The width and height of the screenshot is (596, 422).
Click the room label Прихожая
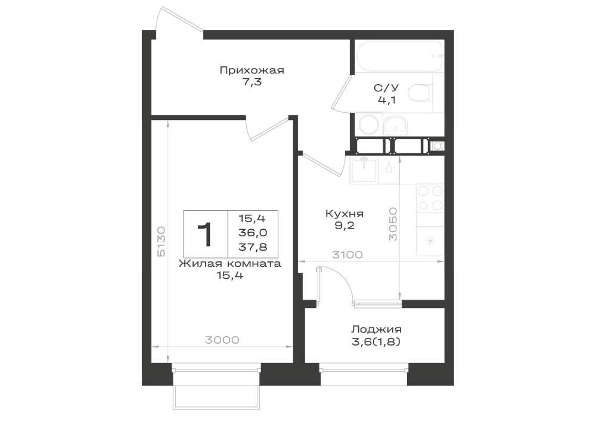tap(252, 70)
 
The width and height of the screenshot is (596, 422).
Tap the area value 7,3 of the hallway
tap(252, 82)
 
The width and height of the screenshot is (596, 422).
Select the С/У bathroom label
tap(386, 89)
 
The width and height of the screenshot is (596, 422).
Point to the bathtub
tap(399, 56)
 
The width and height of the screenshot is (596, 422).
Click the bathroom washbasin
tap(395, 124)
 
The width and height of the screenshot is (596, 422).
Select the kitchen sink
tap(364, 171)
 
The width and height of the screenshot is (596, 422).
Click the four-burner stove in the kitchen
tap(430, 198)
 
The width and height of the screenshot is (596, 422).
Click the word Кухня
tap(344, 214)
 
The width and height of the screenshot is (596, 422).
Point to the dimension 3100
tap(347, 254)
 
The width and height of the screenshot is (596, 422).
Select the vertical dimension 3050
tap(393, 224)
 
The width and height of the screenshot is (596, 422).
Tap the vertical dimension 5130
tap(161, 241)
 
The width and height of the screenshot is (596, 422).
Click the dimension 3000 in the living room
tap(222, 340)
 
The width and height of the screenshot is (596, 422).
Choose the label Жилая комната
tap(230, 264)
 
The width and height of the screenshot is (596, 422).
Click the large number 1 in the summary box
tap(205, 234)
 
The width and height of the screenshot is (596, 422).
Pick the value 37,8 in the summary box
tap(253, 247)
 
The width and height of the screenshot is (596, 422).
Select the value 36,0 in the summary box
tap(253, 233)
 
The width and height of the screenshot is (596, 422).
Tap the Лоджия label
tap(376, 329)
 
